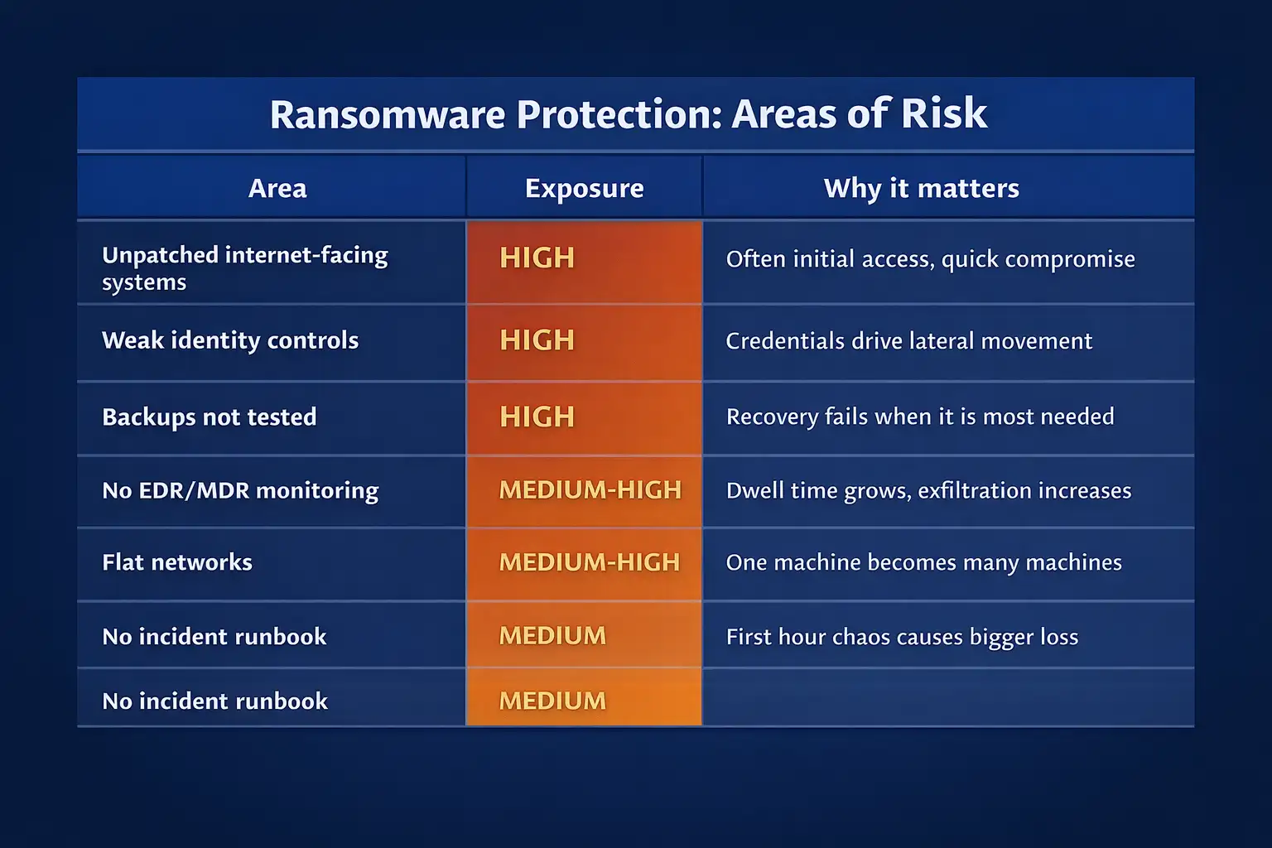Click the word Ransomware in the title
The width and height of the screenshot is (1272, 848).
pyautogui.click(x=387, y=114)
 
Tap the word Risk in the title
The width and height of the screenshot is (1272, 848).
pyautogui.click(x=944, y=114)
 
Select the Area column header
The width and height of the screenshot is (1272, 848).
pyautogui.click(x=277, y=189)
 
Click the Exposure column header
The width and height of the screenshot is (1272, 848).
pyautogui.click(x=584, y=189)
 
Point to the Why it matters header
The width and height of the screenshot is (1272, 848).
pyautogui.click(x=921, y=189)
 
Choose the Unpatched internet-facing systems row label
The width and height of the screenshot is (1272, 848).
pyautogui.click(x=244, y=267)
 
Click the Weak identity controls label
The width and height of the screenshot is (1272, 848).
pyautogui.click(x=230, y=340)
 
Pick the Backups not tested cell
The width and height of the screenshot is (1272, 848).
pyautogui.click(x=209, y=417)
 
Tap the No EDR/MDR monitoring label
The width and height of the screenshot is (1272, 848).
pyautogui.click(x=240, y=490)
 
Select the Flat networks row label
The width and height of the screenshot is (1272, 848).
pyautogui.click(x=177, y=562)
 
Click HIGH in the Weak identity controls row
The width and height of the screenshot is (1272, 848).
pyautogui.click(x=537, y=340)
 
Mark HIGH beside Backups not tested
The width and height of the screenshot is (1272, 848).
pyautogui.click(x=537, y=417)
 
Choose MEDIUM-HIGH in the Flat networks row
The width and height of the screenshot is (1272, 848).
pyautogui.click(x=589, y=562)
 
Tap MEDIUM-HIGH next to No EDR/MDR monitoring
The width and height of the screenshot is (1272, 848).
pyautogui.click(x=590, y=490)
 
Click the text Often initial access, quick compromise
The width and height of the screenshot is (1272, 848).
pyautogui.click(x=930, y=259)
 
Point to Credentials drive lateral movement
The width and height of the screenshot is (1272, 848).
pyautogui.click(x=908, y=341)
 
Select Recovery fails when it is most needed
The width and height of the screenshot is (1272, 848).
pyautogui.click(x=919, y=417)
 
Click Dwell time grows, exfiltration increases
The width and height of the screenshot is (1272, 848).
pyautogui.click(x=928, y=490)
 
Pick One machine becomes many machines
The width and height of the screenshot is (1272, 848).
pyautogui.click(x=923, y=562)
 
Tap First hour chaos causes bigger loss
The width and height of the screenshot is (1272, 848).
pyautogui.click(x=902, y=637)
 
